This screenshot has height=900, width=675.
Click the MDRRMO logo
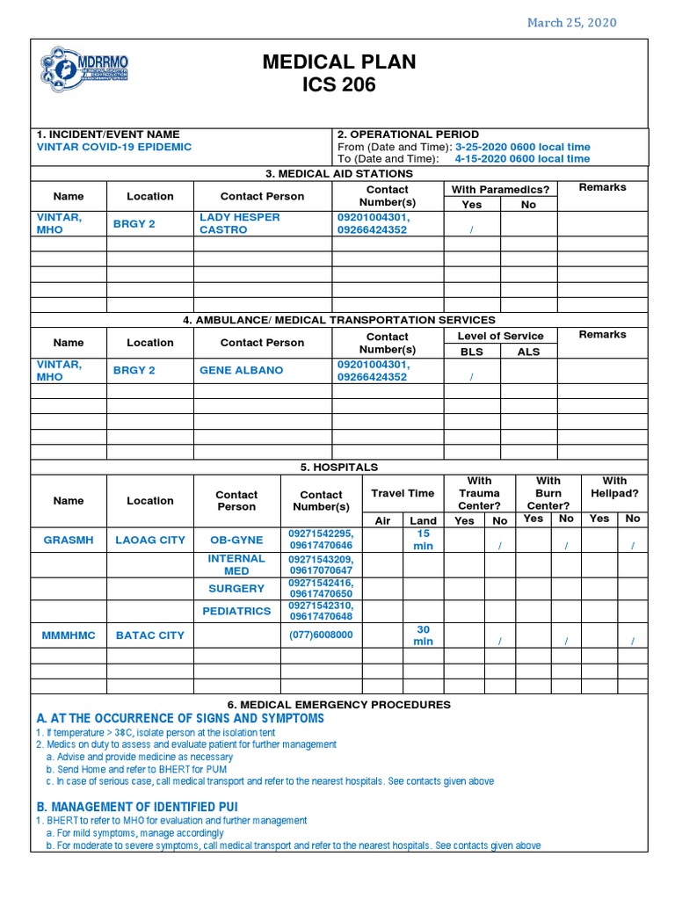(x=84, y=69)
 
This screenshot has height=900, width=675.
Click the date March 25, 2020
(x=571, y=22)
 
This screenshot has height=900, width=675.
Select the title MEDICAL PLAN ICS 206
(x=339, y=73)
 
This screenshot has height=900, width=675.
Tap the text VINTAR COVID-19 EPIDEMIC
(x=113, y=147)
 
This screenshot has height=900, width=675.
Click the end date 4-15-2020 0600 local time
(x=522, y=159)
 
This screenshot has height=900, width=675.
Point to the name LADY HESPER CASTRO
(x=240, y=223)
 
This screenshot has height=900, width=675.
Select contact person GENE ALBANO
(x=241, y=370)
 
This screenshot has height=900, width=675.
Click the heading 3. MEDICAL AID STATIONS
(x=339, y=173)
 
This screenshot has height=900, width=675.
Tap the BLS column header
(x=472, y=352)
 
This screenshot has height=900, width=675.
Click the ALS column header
(x=528, y=352)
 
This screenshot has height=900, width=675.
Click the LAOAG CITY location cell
(x=150, y=540)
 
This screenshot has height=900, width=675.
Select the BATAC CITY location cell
(x=150, y=635)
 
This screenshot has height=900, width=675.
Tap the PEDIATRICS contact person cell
(x=236, y=611)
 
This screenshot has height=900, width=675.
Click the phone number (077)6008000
(x=321, y=635)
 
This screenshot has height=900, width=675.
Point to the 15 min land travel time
(x=423, y=540)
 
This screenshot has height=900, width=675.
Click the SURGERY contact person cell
(x=236, y=588)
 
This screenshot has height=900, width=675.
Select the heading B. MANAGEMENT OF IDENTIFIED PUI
(x=136, y=806)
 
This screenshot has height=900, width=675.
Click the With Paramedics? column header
(x=500, y=189)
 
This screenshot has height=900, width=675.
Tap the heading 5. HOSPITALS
(x=339, y=467)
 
